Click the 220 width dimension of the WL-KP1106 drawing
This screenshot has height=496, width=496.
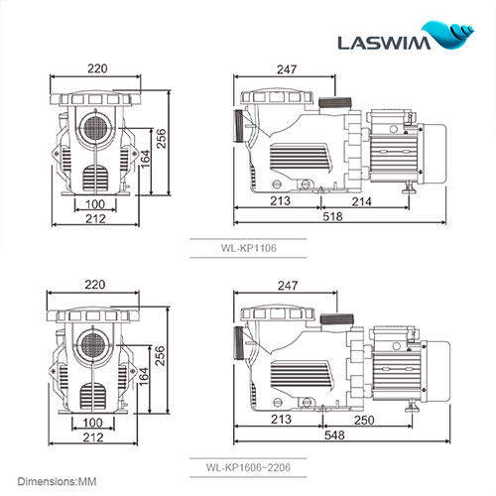point(96,70)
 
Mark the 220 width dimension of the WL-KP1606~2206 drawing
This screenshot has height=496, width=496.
point(96,286)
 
